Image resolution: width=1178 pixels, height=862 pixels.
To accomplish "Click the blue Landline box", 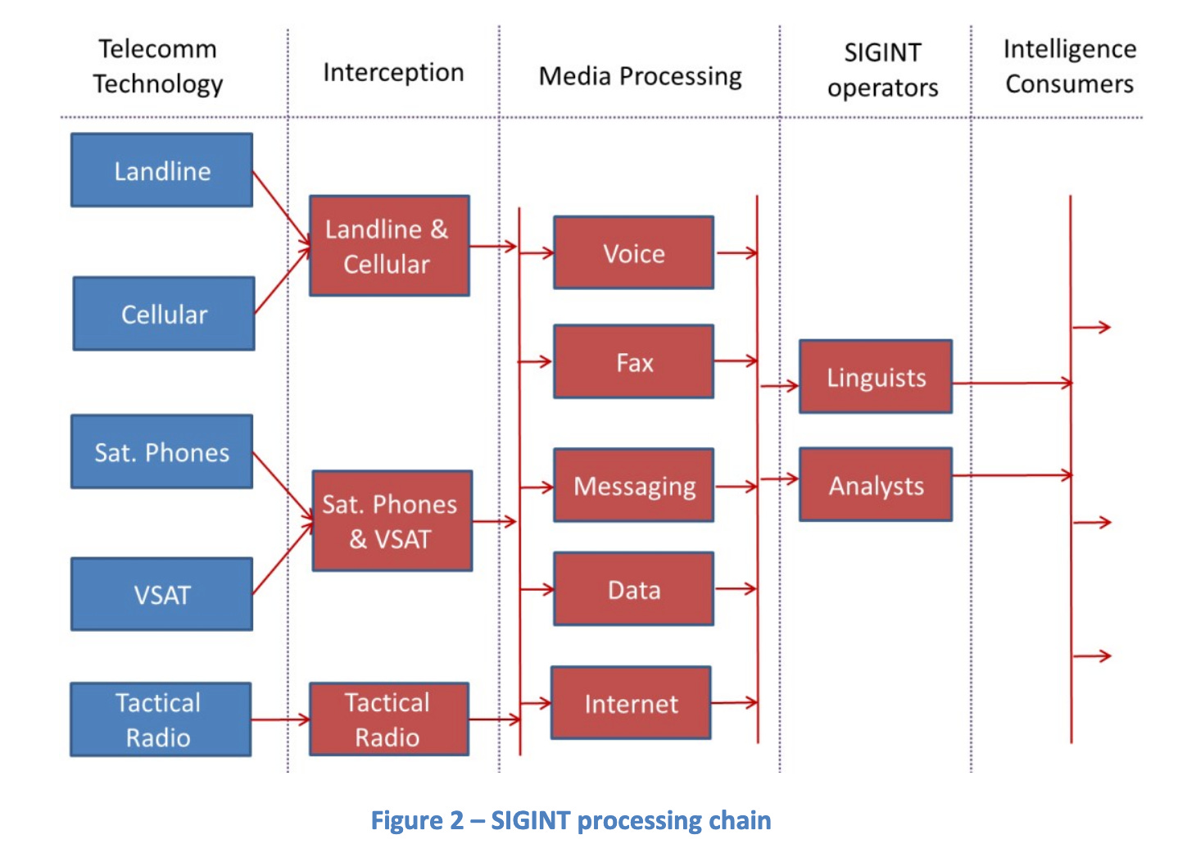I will [x=161, y=170].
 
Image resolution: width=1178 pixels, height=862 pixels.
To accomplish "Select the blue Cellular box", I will [x=164, y=314].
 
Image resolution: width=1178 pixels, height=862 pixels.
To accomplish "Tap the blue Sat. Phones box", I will [x=161, y=451].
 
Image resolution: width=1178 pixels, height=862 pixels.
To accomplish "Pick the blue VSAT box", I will [x=161, y=594].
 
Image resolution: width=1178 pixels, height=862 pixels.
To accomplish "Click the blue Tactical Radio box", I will [x=161, y=719].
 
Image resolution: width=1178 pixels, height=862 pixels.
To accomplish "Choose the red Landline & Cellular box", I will [x=389, y=246].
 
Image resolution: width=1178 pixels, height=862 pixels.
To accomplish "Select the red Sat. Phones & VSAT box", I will [x=392, y=521].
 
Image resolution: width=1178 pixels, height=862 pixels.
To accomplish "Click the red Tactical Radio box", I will [x=389, y=719].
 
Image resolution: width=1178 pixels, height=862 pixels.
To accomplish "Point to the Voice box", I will [x=633, y=253].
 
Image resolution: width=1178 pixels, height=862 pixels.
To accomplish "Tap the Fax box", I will [x=633, y=361].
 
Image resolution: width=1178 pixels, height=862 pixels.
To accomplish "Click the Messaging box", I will [x=633, y=485].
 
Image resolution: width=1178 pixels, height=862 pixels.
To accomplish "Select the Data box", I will [x=633, y=589].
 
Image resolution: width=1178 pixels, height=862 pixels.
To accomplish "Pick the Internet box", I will [x=631, y=703].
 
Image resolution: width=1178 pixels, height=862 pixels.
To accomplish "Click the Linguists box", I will [x=876, y=377].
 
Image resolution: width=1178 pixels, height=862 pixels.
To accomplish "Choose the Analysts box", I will [x=876, y=485].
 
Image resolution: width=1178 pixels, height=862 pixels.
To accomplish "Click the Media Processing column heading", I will [x=640, y=76].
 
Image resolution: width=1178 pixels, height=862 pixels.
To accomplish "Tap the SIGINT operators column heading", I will [x=882, y=70].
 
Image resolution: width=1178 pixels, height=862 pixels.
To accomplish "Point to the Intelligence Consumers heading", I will [x=1069, y=66].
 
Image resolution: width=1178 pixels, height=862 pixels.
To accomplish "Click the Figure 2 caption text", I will [x=571, y=820].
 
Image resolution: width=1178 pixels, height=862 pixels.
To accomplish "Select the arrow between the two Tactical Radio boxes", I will [x=280, y=720].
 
